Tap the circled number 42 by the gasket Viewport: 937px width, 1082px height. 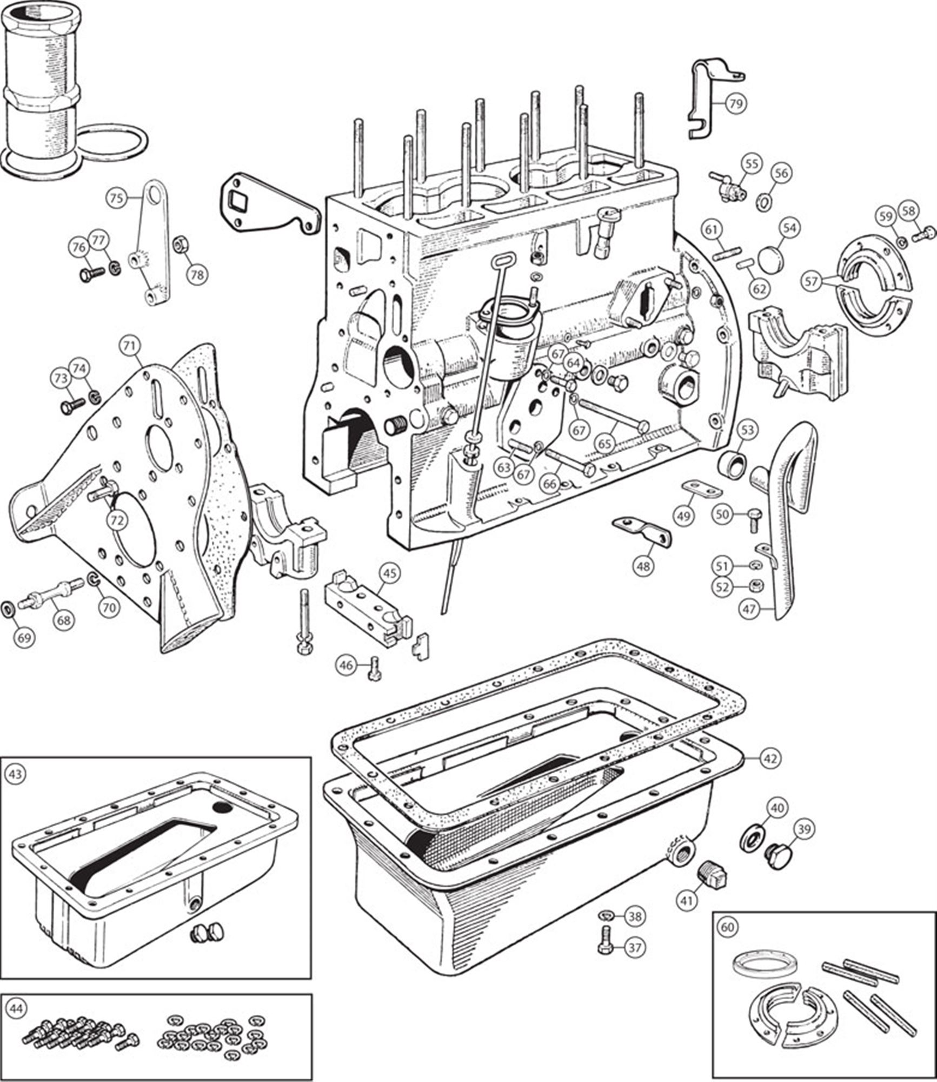770,758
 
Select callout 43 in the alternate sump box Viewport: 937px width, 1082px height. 15,774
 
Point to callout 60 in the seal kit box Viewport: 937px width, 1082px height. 728,927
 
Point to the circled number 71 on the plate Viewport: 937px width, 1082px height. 130,345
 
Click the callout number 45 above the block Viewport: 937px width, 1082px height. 390,572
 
